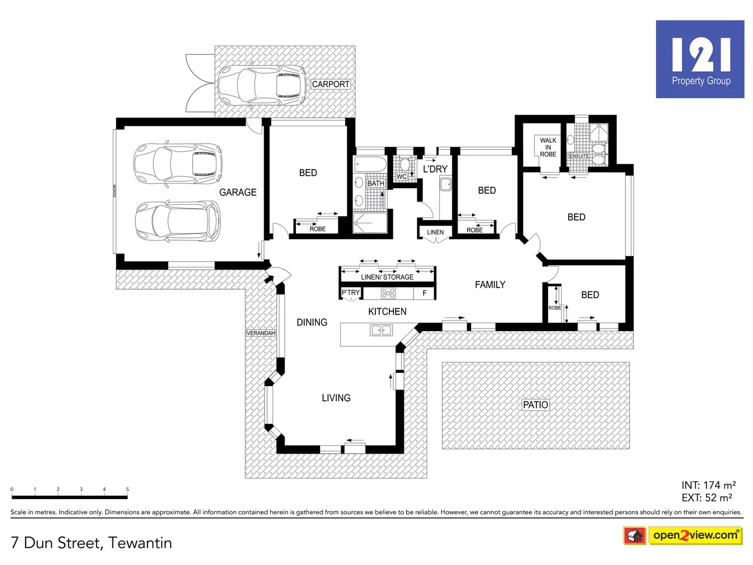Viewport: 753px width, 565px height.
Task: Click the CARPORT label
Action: pos(330,84)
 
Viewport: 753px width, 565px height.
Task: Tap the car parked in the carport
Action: pos(261,85)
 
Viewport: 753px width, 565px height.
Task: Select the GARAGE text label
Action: pos(238,193)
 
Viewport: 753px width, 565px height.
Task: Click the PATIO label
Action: pos(535,405)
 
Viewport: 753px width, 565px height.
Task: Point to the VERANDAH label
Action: pos(260,333)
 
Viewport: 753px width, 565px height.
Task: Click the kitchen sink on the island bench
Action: pos(381,330)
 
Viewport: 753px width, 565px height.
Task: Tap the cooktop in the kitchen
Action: pos(388,293)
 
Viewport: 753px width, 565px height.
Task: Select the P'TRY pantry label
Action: pos(350,293)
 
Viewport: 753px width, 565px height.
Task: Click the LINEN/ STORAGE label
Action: pos(387,277)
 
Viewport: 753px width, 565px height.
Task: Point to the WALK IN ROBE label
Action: pos(548,148)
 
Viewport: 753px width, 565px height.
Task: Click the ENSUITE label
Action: pos(579,156)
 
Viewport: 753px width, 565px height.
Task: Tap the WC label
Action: pos(401,177)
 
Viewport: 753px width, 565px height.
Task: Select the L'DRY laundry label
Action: pos(435,169)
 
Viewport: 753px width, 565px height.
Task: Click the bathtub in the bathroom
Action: pos(370,165)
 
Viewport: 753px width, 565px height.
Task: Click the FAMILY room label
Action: pos(490,285)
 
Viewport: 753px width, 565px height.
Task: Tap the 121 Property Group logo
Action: pos(700,59)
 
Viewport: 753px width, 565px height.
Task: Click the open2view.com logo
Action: pos(695,535)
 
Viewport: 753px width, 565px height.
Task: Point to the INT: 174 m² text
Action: pos(709,485)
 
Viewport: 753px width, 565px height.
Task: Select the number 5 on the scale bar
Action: pos(127,490)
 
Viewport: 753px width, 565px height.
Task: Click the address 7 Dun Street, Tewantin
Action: pos(92,543)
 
